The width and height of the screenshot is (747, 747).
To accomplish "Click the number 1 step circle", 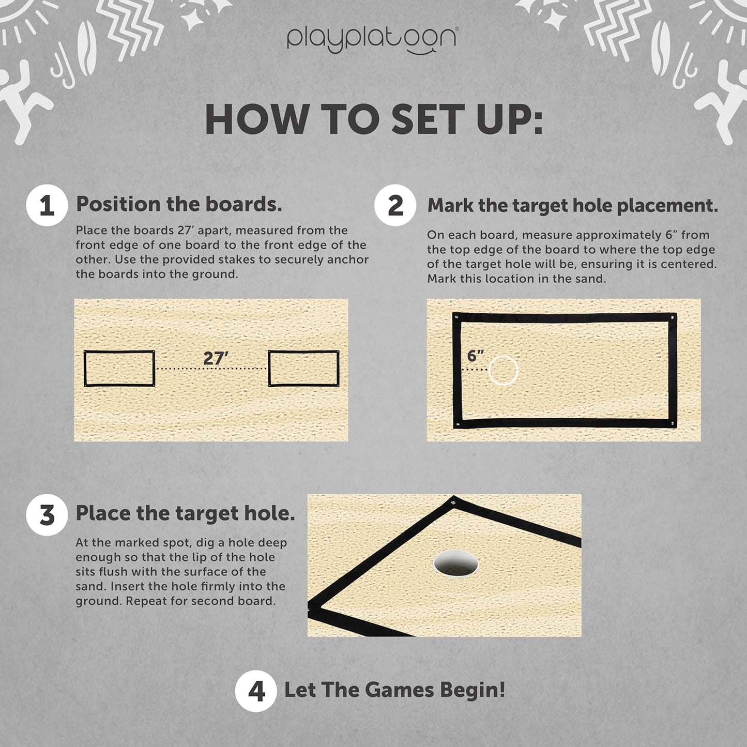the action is [x=47, y=205].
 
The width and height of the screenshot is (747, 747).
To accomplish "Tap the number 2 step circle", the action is [x=395, y=205].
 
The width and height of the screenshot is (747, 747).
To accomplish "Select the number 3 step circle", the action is [x=47, y=515].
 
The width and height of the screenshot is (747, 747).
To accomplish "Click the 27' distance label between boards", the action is [x=216, y=358].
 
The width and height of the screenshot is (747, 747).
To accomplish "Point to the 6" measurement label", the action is [x=475, y=356].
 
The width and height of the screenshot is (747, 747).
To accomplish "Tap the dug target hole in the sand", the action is [x=455, y=565].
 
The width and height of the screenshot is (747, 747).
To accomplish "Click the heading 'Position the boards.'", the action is [x=179, y=204].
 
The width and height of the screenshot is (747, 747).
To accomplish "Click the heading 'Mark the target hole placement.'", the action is [x=573, y=205].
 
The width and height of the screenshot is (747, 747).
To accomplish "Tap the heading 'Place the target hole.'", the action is [x=185, y=513].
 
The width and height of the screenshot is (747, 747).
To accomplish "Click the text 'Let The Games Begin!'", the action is [x=394, y=690].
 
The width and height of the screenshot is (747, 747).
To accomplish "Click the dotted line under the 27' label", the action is [x=211, y=368].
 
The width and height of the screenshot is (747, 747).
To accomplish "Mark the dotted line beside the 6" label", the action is [x=475, y=370].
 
